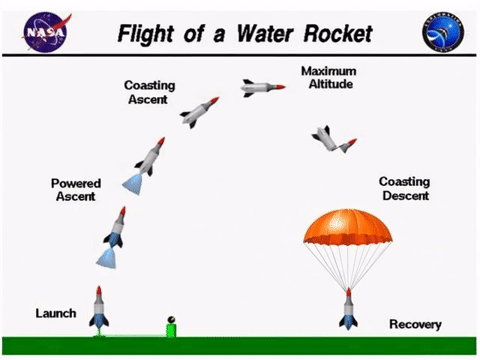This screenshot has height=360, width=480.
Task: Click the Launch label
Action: click(56, 313)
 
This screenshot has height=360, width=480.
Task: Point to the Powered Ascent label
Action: click(74, 190)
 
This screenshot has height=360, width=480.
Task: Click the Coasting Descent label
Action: click(404, 188)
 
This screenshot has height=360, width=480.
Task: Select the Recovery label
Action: click(415, 324)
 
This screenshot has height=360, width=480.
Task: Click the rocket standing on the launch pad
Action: click(99, 307)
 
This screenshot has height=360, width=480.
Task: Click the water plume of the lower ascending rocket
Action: click(106, 259)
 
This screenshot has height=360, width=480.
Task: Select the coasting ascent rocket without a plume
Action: click(200, 111)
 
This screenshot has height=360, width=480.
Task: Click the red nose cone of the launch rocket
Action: click(99, 291)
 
